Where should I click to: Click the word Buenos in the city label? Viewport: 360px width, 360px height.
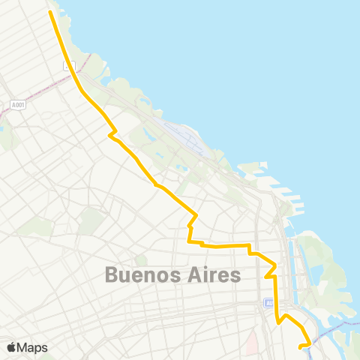145,274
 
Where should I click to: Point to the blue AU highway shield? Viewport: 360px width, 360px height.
269,303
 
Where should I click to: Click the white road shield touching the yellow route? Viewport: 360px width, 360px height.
69,66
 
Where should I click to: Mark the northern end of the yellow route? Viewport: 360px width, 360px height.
50,12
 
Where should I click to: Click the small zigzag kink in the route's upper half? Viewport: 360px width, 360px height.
112,135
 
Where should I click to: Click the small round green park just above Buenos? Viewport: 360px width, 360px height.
141,259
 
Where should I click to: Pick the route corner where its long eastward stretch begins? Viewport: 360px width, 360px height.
190,242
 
